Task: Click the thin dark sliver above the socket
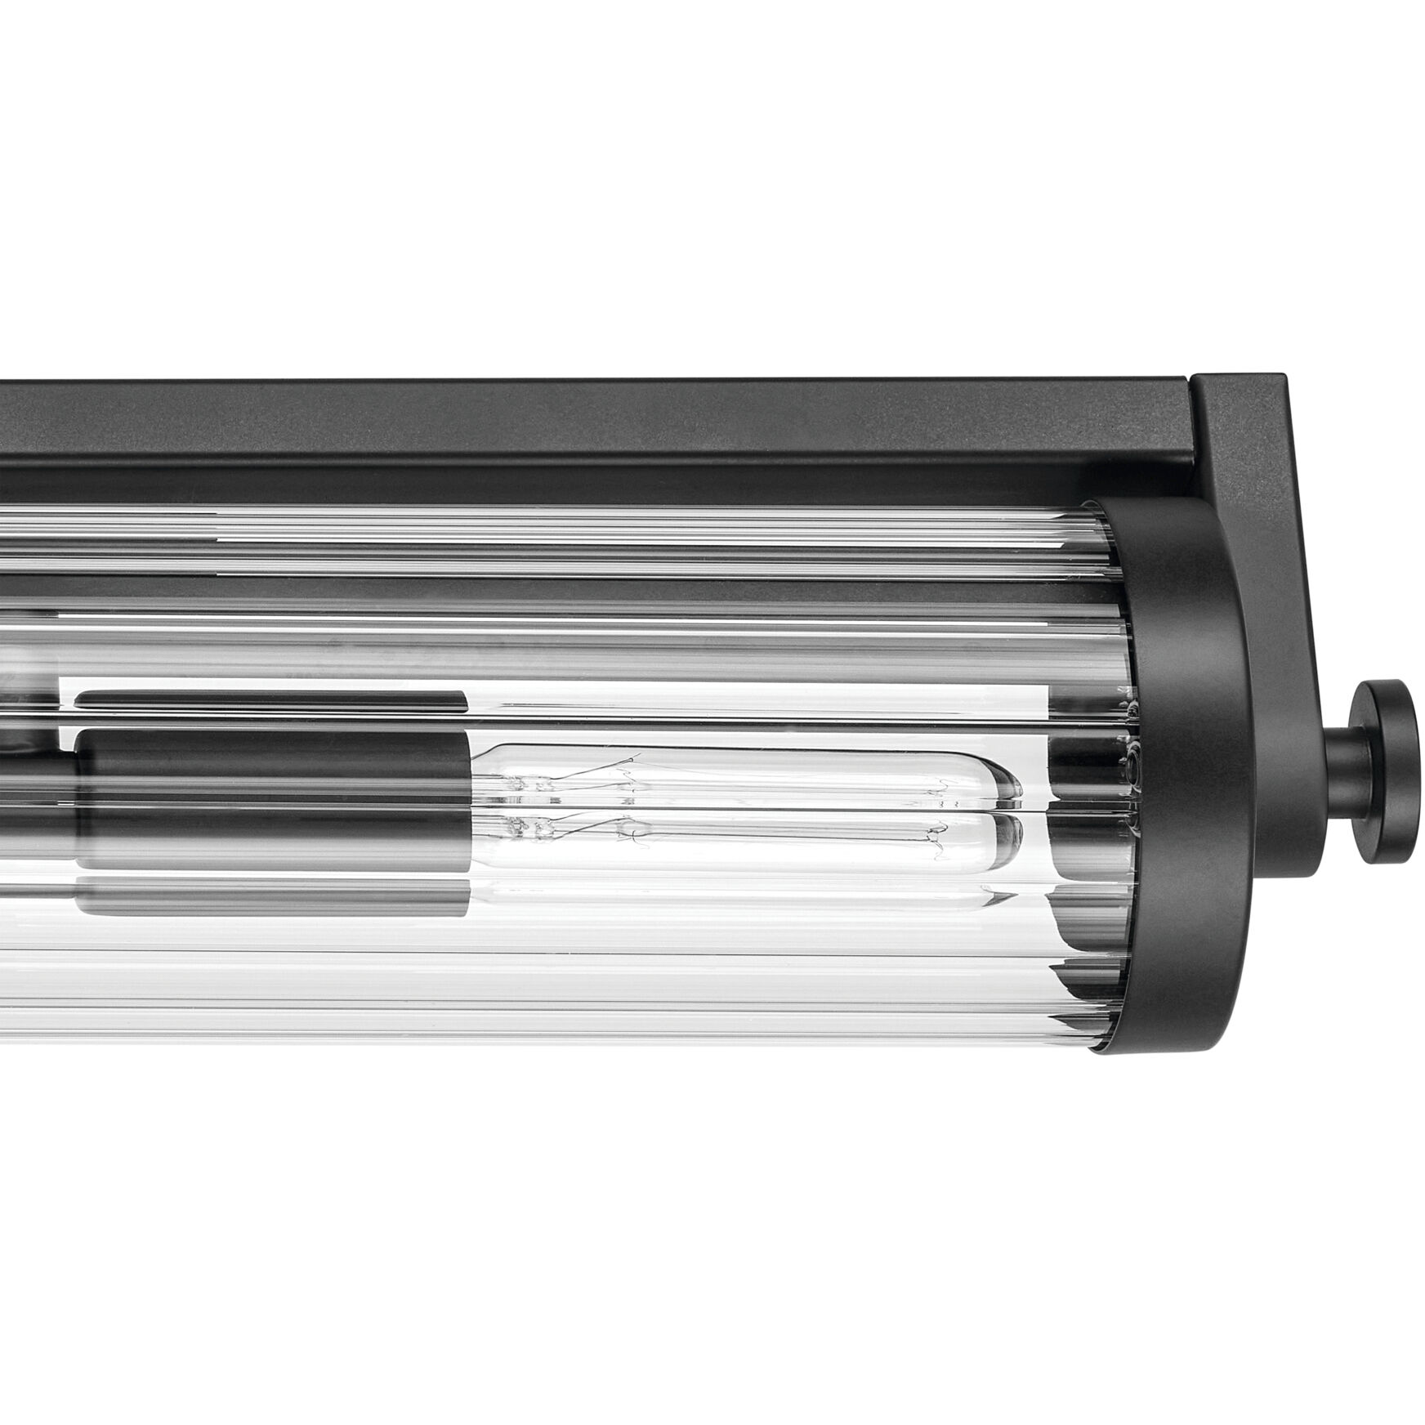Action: (x=274, y=699)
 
